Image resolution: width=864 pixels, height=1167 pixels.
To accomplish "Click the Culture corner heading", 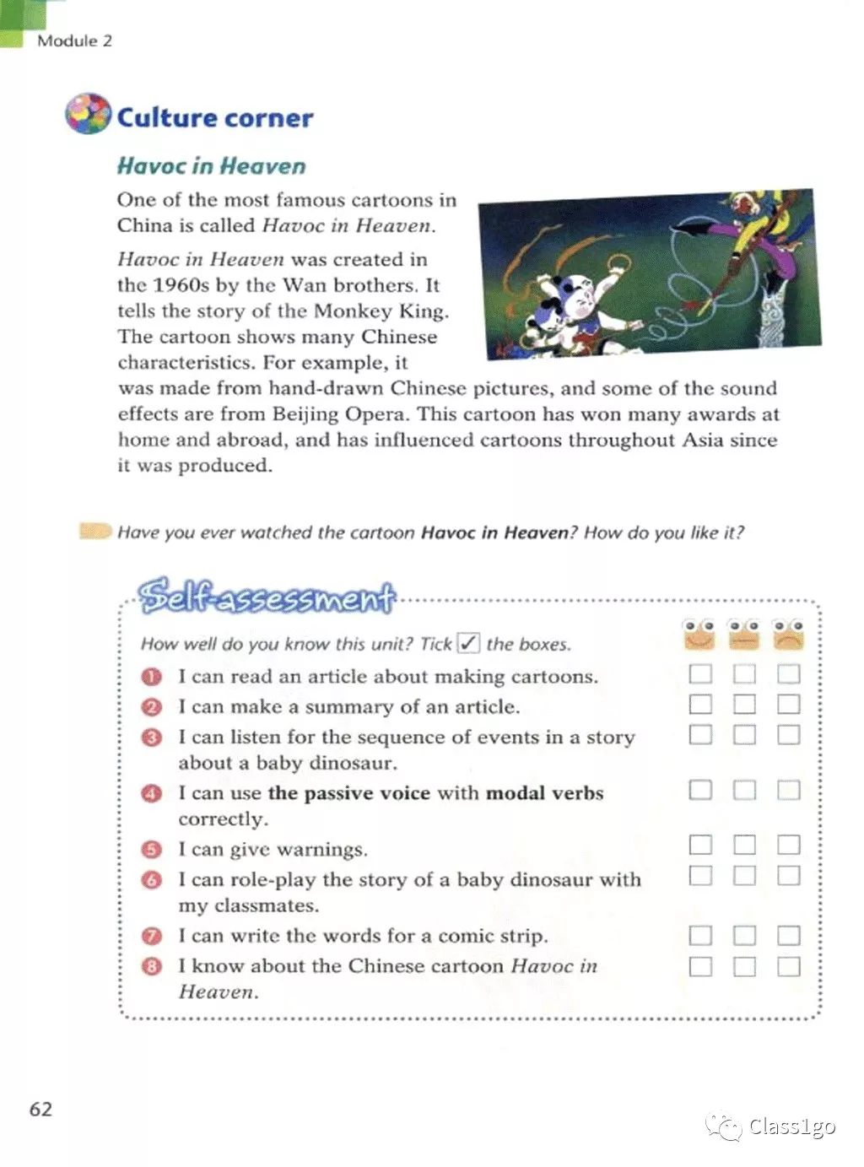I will (214, 117).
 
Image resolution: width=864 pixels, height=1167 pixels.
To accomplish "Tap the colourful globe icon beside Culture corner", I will (87, 114).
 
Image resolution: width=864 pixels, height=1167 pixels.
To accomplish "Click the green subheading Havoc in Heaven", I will (211, 165).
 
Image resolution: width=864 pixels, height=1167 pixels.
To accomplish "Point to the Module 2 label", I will (74, 41).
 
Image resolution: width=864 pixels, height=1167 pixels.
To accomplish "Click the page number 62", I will (40, 1109).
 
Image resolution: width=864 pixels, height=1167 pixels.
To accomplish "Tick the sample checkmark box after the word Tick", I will (467, 643).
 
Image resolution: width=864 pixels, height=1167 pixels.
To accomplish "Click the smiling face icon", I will (699, 635).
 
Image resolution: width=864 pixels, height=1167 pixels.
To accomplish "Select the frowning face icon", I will (789, 635).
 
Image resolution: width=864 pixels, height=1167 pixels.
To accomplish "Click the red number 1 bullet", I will (152, 677).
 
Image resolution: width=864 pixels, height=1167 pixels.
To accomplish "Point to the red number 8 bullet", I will (152, 966).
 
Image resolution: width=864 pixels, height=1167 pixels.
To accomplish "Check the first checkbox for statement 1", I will (700, 674).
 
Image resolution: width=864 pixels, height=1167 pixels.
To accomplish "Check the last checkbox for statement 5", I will (788, 845).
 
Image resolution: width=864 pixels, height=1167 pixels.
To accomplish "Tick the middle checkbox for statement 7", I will (744, 936).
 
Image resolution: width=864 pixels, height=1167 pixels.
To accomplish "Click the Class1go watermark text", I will (791, 1126).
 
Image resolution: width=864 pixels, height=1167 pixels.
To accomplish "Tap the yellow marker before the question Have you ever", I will (94, 531).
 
